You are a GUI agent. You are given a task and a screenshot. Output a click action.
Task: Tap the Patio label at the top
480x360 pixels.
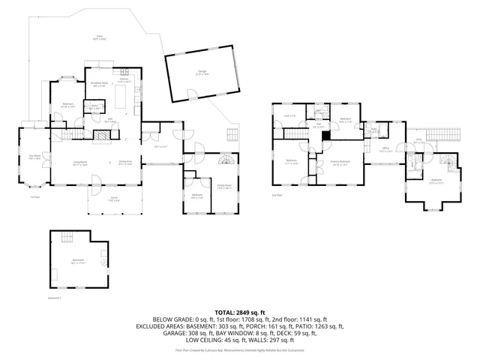click(x=100, y=37)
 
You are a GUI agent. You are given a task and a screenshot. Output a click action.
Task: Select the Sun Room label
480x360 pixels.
click(x=34, y=157)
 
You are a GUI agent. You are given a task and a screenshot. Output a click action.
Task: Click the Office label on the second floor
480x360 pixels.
click(x=385, y=149)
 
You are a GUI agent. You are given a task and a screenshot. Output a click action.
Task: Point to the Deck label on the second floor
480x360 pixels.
click(x=418, y=140)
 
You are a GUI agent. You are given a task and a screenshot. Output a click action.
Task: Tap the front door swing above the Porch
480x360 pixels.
click(x=95, y=180)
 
